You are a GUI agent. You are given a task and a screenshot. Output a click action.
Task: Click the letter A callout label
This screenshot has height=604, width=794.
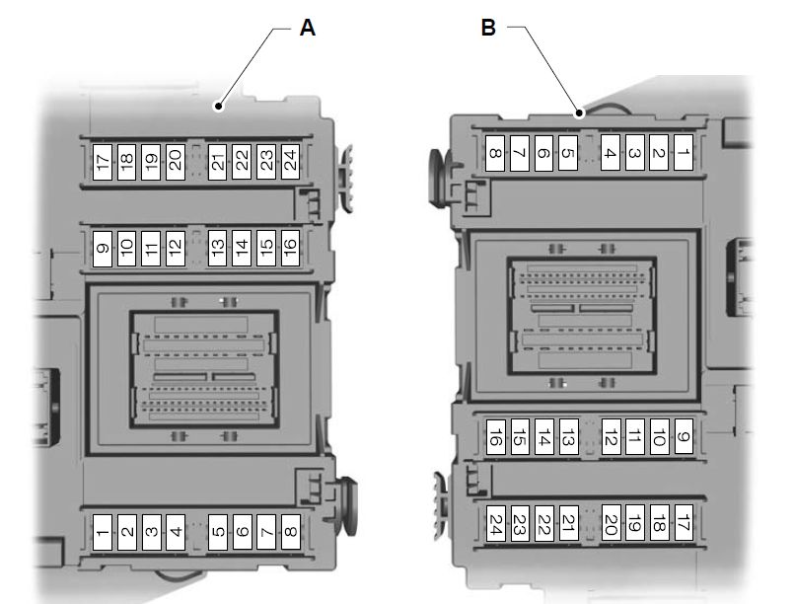(307, 29)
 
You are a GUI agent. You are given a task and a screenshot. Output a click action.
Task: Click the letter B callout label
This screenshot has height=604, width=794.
(487, 29)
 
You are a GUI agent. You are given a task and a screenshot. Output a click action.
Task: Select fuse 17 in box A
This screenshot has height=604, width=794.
(103, 161)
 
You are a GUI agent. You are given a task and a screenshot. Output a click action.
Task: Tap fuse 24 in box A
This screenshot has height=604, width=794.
(289, 161)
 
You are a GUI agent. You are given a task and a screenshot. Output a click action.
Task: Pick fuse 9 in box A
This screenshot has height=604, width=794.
(103, 247)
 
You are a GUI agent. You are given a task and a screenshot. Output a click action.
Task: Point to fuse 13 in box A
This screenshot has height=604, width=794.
(218, 247)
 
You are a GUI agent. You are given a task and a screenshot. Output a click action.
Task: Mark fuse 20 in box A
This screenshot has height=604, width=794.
(174, 161)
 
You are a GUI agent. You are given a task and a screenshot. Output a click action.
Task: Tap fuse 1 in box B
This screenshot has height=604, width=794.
(683, 153)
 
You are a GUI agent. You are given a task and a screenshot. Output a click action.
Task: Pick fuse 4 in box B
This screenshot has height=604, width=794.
(611, 153)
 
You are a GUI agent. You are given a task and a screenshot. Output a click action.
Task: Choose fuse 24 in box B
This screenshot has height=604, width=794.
(495, 523)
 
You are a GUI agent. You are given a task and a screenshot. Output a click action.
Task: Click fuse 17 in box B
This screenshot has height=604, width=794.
(683, 523)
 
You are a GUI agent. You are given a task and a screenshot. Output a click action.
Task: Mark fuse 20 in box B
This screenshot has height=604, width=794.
(611, 523)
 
